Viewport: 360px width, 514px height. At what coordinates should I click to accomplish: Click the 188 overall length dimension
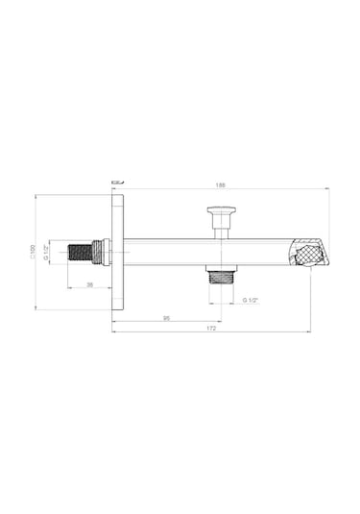point(221,185)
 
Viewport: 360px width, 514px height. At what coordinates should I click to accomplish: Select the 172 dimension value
point(211,329)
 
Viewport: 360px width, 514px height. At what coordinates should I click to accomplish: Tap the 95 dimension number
point(166,318)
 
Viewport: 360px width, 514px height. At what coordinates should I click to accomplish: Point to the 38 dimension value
point(89,285)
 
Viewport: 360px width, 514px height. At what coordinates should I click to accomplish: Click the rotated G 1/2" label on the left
point(46,252)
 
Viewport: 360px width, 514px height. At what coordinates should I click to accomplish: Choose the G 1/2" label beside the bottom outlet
point(251,300)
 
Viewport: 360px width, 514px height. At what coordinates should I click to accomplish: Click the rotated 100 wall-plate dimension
point(33,252)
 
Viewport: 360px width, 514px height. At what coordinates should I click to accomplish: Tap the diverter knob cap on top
point(222,210)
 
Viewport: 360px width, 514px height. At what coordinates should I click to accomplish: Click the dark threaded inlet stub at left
point(81,252)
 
